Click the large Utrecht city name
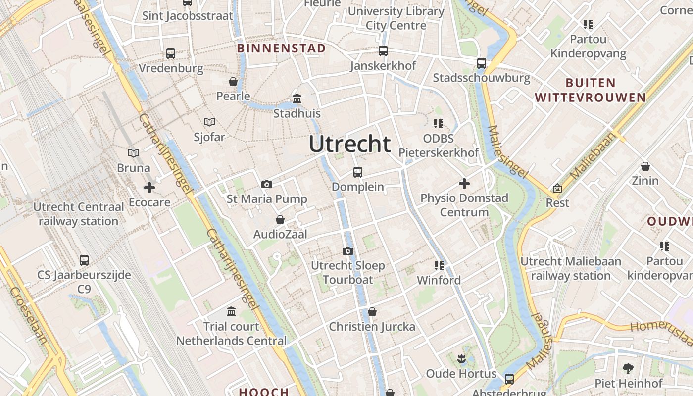[349, 144]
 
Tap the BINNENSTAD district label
[281, 48]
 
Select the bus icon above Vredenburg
[171, 53]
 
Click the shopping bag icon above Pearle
[233, 82]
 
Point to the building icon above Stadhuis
[297, 99]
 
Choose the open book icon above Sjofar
[209, 122]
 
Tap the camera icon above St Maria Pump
[267, 185]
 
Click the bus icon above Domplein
[358, 172]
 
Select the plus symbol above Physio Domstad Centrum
[464, 184]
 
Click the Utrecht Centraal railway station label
[79, 214]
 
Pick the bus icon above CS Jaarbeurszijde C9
[84, 260]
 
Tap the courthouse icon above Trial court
[231, 312]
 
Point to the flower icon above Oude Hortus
[461, 358]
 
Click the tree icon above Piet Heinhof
[628, 369]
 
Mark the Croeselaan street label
[29, 315]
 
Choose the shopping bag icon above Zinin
[645, 166]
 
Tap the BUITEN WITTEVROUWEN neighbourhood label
[591, 90]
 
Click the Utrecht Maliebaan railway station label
[571, 268]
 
